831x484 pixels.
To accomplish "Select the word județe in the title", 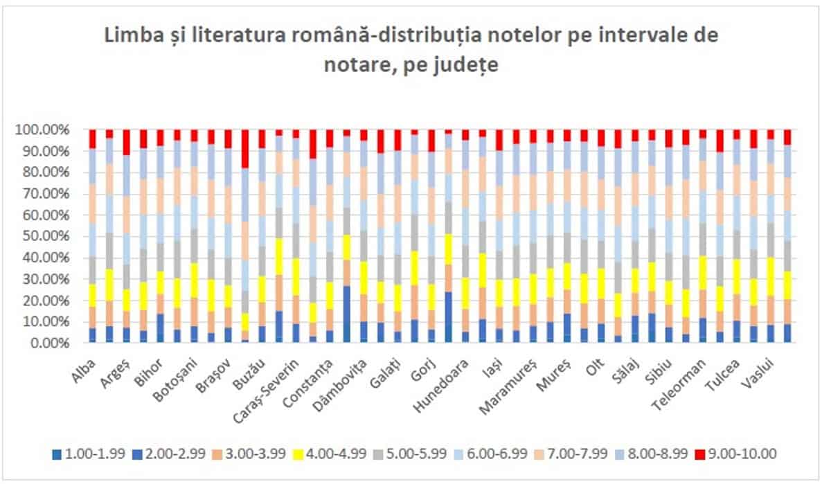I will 474,67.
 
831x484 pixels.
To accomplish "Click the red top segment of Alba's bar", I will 92,138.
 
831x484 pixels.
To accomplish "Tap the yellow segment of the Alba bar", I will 92,295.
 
